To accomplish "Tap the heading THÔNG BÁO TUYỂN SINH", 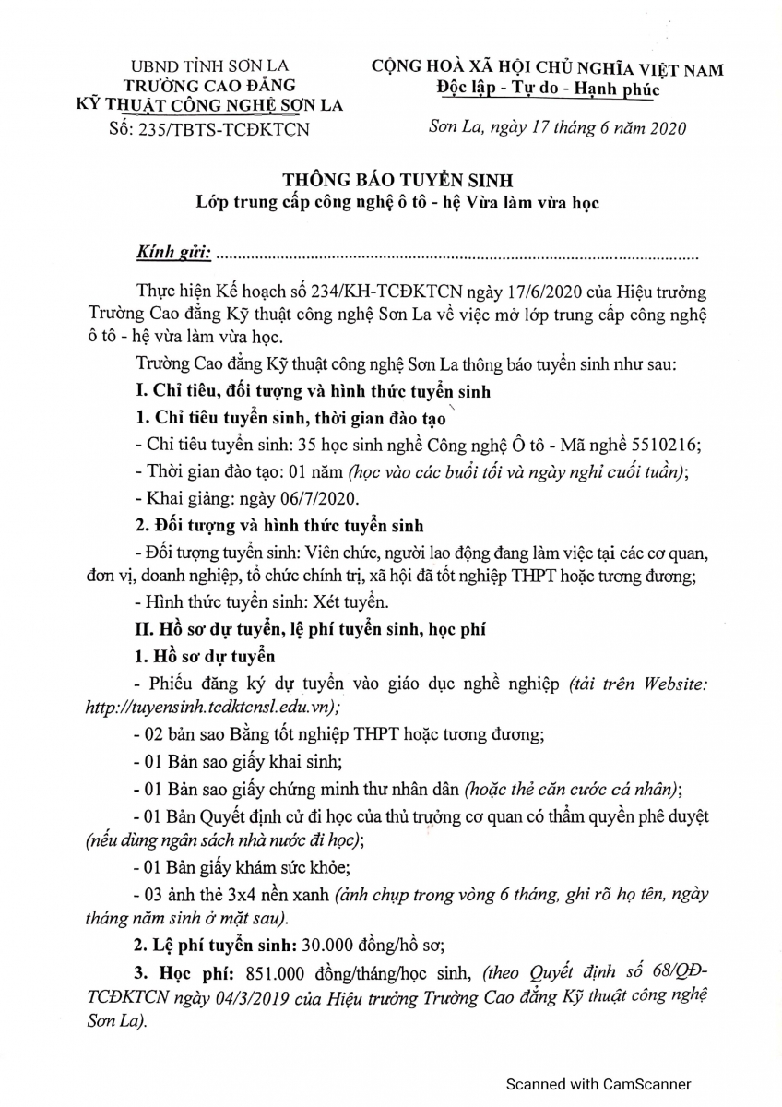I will (398, 181).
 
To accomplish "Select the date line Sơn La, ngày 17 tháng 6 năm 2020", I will (558, 128).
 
